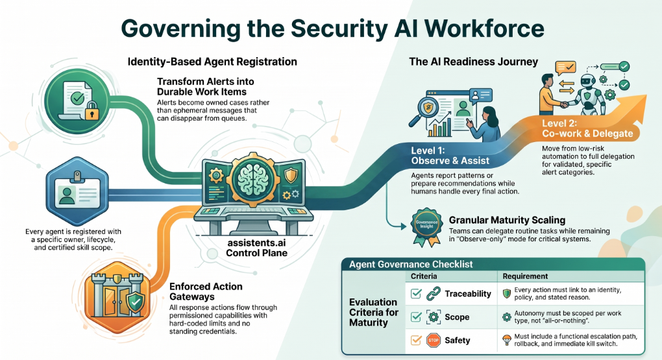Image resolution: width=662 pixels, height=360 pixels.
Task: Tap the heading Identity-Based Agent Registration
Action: click(212, 62)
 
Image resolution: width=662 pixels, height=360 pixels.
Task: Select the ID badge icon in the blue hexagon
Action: click(77, 191)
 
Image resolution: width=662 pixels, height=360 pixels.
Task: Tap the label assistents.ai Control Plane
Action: click(257, 248)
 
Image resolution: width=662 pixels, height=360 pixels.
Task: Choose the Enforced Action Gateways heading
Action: click(206, 292)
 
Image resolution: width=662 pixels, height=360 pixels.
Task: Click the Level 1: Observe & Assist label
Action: click(450, 156)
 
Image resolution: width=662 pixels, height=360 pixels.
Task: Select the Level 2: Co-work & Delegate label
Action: click(587, 128)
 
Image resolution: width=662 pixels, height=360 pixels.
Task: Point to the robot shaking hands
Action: click(588, 94)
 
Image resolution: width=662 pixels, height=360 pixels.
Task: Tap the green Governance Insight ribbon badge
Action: click(426, 226)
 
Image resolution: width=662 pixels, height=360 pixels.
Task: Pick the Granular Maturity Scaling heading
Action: click(507, 220)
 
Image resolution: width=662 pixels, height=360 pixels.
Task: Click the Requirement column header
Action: click(525, 276)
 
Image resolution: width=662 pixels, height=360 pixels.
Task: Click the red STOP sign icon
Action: click(434, 340)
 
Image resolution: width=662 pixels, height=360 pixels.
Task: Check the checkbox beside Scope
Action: click(416, 317)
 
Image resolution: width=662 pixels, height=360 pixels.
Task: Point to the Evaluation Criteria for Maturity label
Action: click(374, 312)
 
